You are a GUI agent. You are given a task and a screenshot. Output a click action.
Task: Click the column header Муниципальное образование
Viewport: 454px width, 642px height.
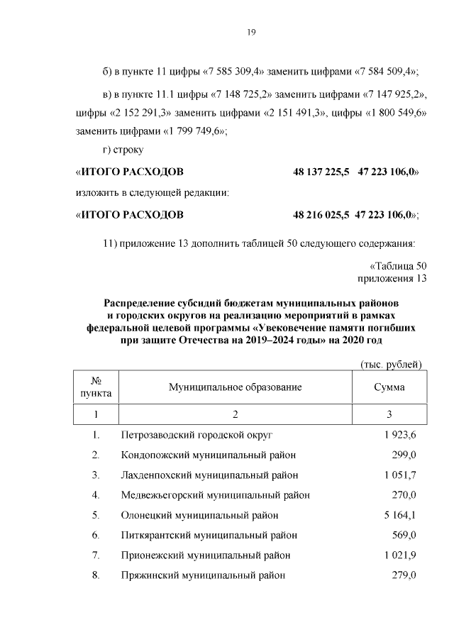(x=235, y=387)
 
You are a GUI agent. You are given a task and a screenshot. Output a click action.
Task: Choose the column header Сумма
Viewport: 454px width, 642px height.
(x=389, y=387)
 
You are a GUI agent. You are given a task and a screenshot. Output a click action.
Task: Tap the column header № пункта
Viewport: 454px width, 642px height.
(x=96, y=387)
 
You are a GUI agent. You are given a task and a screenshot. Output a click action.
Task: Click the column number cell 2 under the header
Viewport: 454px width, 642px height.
(x=235, y=414)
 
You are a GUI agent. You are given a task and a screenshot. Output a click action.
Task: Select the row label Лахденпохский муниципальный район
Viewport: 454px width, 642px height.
(x=209, y=475)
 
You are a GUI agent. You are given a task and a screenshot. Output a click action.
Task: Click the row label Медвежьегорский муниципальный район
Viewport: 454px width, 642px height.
(x=215, y=495)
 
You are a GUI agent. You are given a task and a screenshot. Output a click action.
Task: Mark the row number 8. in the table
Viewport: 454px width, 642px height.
(x=96, y=575)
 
